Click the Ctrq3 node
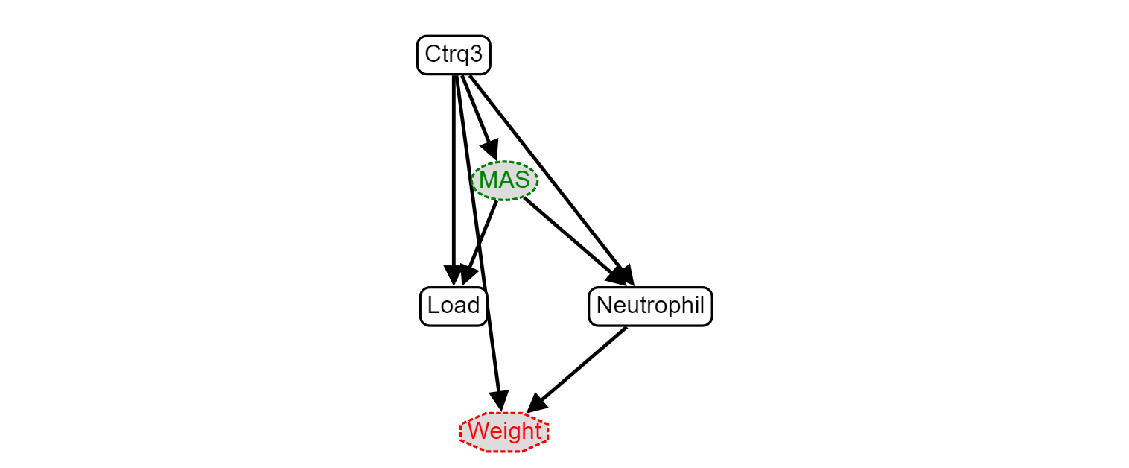click(x=454, y=55)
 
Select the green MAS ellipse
click(x=504, y=180)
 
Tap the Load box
click(x=454, y=306)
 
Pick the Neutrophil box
click(x=650, y=306)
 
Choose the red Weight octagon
click(x=504, y=431)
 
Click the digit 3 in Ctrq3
click(x=476, y=54)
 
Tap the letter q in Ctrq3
click(x=463, y=56)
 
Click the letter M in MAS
click(x=489, y=180)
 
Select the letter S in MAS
click(x=522, y=180)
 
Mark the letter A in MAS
click(x=506, y=180)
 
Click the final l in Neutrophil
click(x=702, y=306)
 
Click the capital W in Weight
click(x=478, y=431)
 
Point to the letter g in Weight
click(x=511, y=433)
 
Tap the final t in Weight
click(x=536, y=431)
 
